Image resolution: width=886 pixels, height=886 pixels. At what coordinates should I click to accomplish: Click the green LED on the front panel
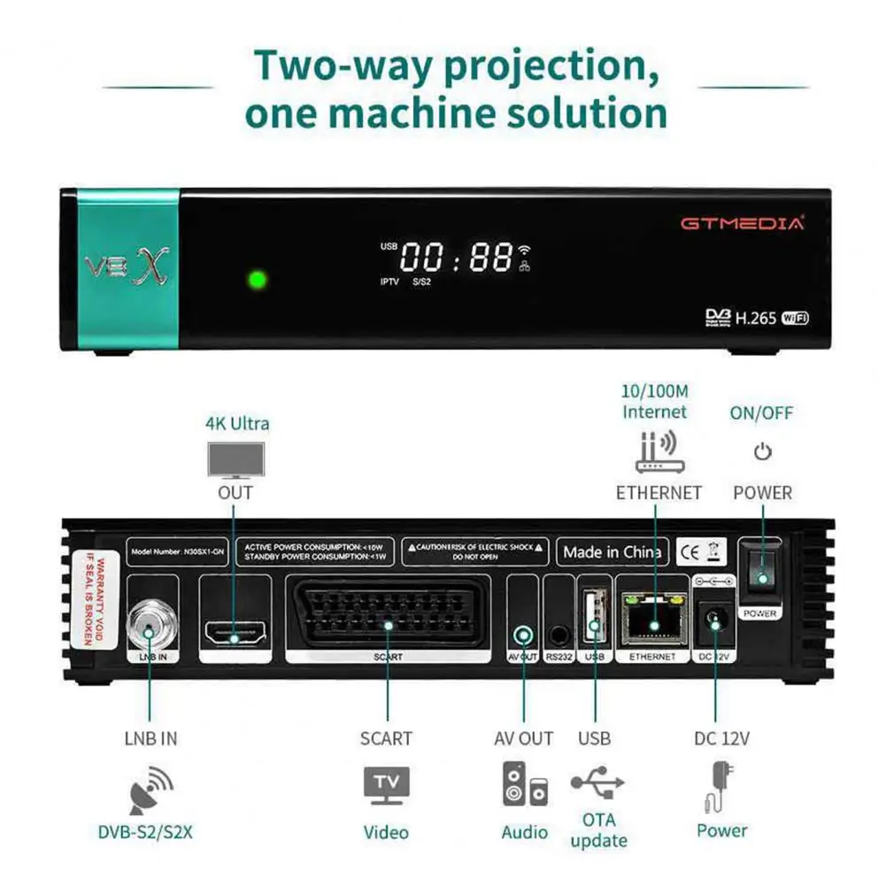tap(257, 281)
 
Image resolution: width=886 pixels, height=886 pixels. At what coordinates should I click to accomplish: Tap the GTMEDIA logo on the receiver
tap(743, 223)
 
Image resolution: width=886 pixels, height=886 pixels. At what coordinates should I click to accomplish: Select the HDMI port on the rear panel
tap(235, 635)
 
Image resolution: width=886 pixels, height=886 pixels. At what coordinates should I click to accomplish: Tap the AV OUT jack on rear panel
tap(524, 635)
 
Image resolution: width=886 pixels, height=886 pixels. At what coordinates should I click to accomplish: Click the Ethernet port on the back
tap(653, 622)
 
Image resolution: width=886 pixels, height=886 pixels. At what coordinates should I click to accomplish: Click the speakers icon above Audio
tap(525, 783)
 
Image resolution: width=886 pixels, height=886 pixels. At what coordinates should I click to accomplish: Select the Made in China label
tap(612, 552)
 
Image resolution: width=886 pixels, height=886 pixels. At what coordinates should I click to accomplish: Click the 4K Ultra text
tap(237, 423)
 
